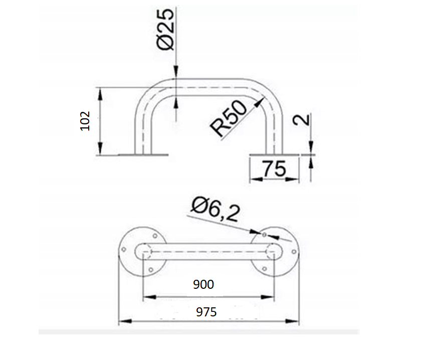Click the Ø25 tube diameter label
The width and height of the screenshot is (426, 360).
tap(165, 30)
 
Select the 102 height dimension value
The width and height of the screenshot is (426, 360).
tap(85, 121)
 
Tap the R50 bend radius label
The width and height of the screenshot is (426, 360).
tap(229, 118)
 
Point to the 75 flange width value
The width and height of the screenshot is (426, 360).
tap(274, 169)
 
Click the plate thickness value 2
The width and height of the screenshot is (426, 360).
tap(301, 120)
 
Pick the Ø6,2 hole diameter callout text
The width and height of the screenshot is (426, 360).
tap(216, 210)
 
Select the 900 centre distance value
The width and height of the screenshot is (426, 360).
tap(203, 285)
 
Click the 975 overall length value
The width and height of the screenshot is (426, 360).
tap(206, 312)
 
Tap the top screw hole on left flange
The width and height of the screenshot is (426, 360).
tap(155, 236)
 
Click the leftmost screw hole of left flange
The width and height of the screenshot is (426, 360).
tap(124, 249)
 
